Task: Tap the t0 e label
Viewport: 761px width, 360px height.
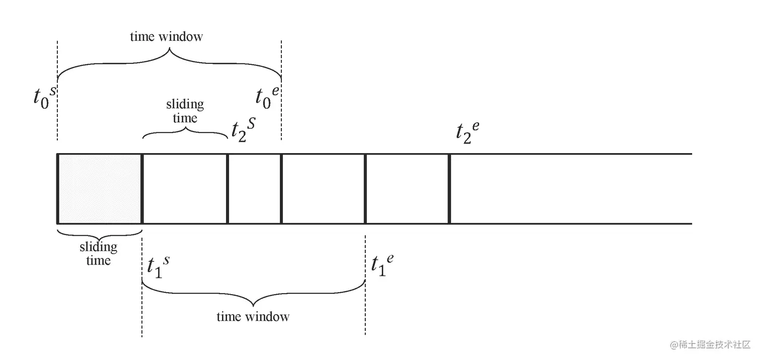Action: (x=267, y=96)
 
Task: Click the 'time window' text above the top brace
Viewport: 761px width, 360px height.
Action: (x=166, y=37)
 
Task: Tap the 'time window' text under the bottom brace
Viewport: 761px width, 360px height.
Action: (x=253, y=317)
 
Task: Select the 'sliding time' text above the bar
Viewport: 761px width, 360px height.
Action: (x=185, y=111)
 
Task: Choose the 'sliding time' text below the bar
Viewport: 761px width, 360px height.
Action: (x=98, y=254)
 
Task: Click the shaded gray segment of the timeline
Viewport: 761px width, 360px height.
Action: (x=100, y=189)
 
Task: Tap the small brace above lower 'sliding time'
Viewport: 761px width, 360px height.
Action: (x=99, y=234)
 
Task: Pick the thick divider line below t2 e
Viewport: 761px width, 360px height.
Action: (x=449, y=189)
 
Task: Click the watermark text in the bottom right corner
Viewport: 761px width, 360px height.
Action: (x=710, y=345)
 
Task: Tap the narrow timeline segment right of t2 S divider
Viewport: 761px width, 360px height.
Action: (x=255, y=189)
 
